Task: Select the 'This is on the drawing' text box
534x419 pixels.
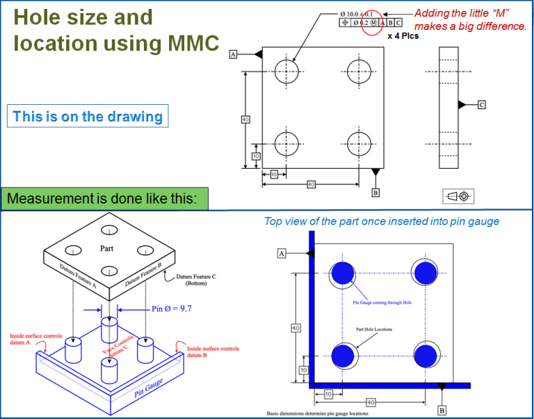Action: click(88, 116)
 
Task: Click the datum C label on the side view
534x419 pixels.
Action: click(481, 104)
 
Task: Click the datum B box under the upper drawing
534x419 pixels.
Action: click(375, 192)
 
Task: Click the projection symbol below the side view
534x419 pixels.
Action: click(458, 196)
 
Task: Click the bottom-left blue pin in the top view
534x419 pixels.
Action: click(342, 355)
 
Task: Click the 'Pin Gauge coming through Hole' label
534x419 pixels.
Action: click(385, 303)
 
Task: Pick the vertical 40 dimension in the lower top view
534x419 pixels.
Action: click(295, 327)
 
